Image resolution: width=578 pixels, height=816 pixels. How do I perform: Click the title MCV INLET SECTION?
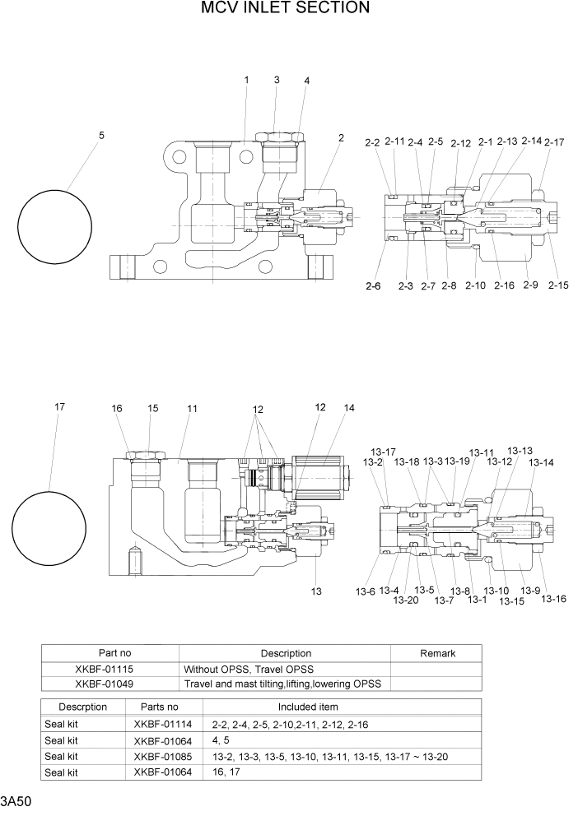286,9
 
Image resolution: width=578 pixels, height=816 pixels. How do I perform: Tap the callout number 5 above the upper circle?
101,135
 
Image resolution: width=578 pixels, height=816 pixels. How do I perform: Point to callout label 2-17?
554,142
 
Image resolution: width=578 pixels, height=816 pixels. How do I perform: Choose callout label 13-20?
406,599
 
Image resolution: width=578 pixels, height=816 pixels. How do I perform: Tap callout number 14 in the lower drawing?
349,408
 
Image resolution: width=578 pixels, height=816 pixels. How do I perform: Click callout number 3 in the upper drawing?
277,80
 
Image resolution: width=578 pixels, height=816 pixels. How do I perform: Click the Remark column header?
437,653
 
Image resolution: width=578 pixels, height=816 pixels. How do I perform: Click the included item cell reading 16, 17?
227,772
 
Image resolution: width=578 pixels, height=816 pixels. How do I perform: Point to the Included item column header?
308,707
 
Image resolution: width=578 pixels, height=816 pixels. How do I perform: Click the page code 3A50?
16,801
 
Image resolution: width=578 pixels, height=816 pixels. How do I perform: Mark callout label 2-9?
530,285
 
